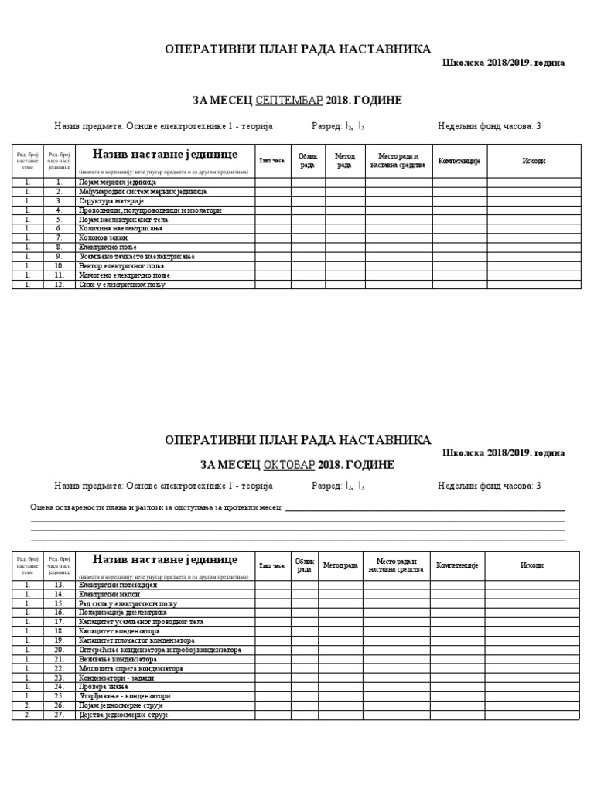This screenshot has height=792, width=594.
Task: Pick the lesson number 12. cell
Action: click(x=58, y=285)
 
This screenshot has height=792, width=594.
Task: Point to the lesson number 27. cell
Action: click(x=59, y=715)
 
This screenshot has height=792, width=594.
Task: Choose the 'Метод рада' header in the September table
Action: click(x=344, y=160)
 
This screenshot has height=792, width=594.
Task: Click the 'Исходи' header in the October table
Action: click(x=532, y=565)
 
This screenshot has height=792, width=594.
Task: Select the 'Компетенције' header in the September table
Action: click(x=459, y=160)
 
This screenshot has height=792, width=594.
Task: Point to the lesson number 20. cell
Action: click(x=59, y=650)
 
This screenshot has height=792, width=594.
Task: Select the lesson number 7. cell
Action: click(x=58, y=237)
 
